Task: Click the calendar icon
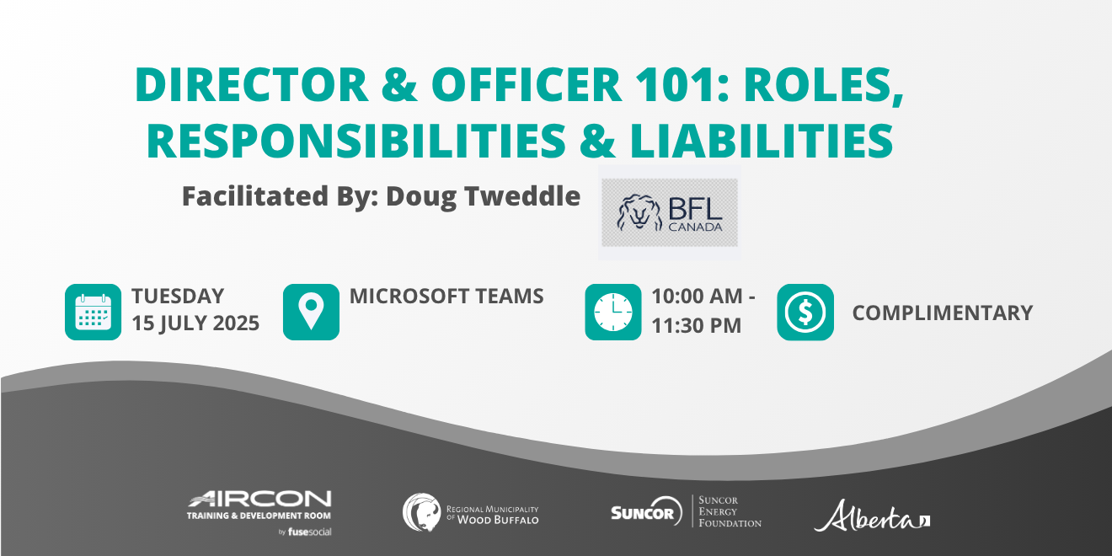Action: [x=93, y=312]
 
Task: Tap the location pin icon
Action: [x=311, y=312]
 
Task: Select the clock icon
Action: [x=613, y=312]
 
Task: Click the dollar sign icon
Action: [x=805, y=312]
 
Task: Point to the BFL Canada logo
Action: [x=669, y=212]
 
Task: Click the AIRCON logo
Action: [x=259, y=500]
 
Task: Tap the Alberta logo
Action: [x=872, y=516]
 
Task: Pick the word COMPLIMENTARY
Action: [x=942, y=313]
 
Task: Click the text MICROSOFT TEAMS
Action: [x=446, y=297]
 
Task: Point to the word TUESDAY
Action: [x=178, y=297]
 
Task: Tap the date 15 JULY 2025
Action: [x=195, y=323]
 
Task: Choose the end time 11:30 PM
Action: [x=696, y=325]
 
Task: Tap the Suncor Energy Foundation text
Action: [x=730, y=511]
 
